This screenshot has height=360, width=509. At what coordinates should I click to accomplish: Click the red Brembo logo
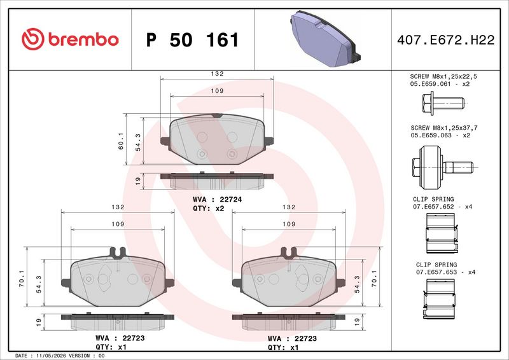tap(70, 39)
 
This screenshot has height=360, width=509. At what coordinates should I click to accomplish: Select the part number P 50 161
tap(193, 40)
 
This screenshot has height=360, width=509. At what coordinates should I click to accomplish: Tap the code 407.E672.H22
tap(446, 40)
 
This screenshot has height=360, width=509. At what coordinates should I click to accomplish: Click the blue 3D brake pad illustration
tap(325, 39)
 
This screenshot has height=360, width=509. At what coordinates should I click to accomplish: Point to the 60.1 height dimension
tap(121, 141)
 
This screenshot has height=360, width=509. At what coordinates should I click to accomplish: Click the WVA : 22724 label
tap(217, 199)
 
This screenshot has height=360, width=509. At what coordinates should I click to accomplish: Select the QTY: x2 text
tap(209, 209)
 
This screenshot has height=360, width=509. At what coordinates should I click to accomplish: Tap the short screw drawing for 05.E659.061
tap(443, 103)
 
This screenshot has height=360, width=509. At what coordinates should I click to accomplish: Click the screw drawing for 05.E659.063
tap(443, 167)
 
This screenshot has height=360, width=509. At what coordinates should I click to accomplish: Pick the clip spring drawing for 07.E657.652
tap(442, 233)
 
